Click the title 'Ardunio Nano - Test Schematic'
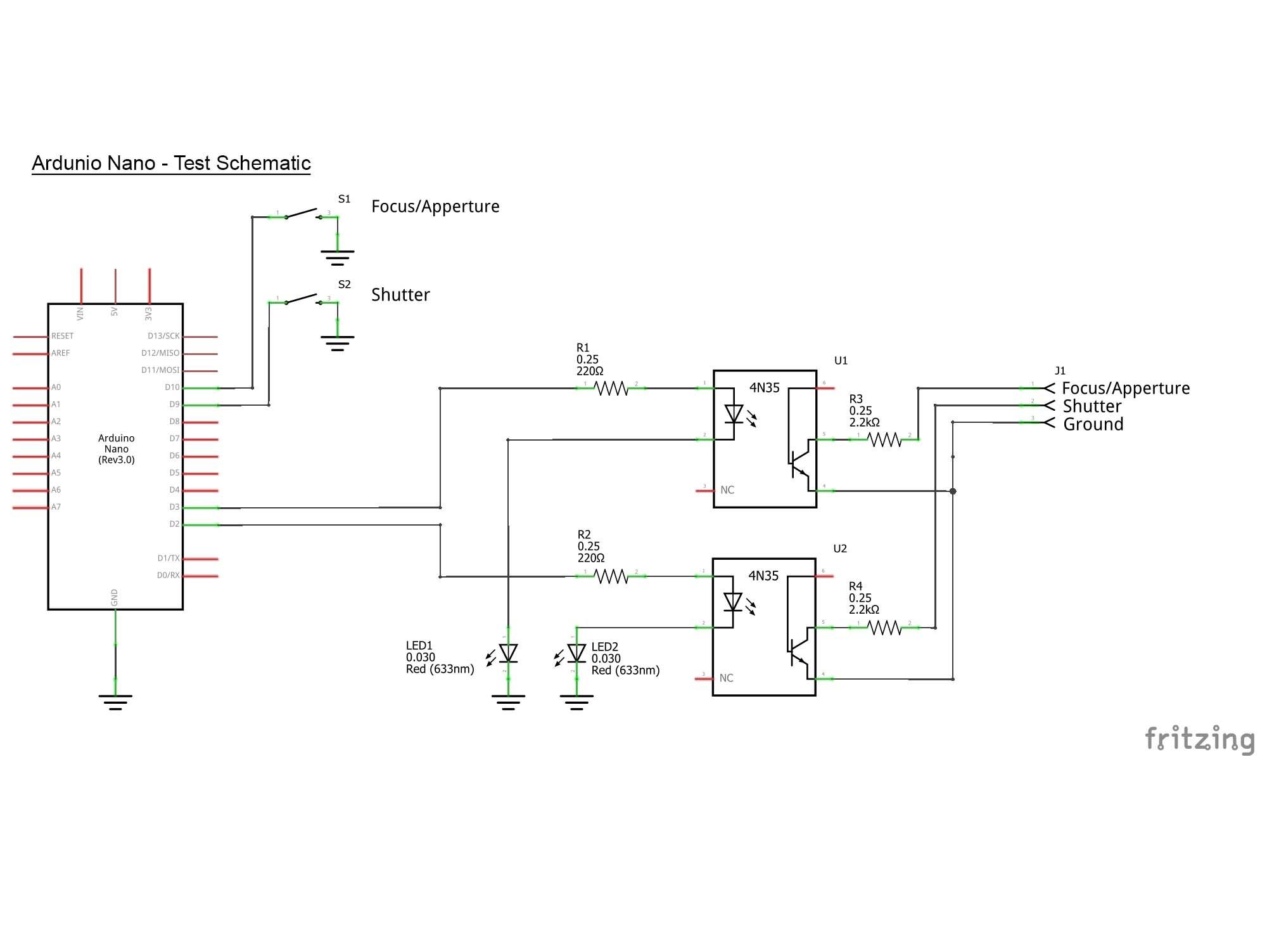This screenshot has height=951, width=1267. pos(171,164)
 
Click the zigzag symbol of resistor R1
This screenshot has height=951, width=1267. pos(611,388)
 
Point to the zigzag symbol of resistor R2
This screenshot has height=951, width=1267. pos(611,576)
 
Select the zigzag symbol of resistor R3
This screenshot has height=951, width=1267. pos(884,439)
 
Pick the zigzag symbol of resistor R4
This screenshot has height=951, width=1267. pos(884,627)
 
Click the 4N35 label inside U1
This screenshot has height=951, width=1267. pos(764,388)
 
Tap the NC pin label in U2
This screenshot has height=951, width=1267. pos(726,678)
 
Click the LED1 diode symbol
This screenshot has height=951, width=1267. pos(508,653)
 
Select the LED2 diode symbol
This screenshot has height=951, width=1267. pos(576,653)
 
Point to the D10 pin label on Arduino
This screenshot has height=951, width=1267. pos(172,387)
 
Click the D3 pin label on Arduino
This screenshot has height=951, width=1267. pos(174,507)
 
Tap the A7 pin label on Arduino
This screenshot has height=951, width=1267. pos(56,507)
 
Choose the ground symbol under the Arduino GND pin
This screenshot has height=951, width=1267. pos(115,701)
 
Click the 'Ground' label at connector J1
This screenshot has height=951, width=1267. pos(1093,424)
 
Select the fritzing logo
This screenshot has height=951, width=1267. pos(1199,739)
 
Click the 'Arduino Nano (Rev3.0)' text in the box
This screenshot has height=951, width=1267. pos(117,449)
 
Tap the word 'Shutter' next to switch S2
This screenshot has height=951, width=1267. pos(400,295)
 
